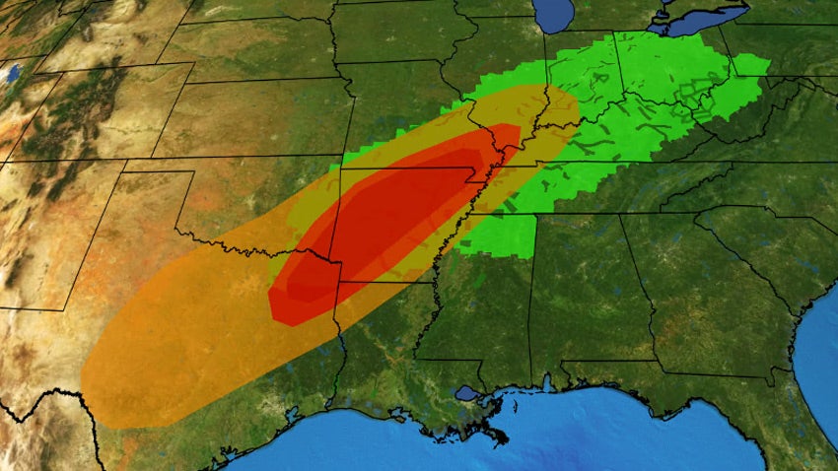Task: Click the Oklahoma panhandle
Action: pyautogui.click(x=158, y=183)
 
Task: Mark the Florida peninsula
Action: pyautogui.click(x=789, y=434)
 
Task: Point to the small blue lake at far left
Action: pyautogui.click(x=11, y=73)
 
